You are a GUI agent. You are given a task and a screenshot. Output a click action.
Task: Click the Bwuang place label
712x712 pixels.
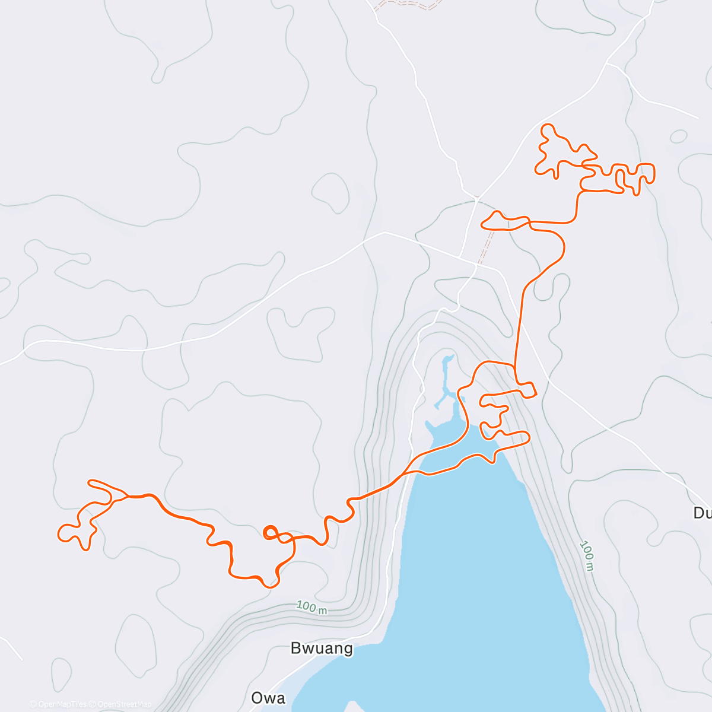point(322,648)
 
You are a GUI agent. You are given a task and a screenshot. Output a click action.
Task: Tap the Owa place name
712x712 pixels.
point(268,698)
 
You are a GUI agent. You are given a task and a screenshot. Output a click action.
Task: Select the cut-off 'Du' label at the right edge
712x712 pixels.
point(702,513)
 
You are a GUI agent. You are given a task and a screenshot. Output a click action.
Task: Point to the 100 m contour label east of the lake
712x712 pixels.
point(587,555)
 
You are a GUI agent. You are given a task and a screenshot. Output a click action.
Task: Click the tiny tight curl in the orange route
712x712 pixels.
point(269,532)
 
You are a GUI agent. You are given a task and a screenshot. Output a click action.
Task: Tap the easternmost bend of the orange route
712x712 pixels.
point(654,173)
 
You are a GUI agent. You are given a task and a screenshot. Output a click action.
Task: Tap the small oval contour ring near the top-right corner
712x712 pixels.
point(678,136)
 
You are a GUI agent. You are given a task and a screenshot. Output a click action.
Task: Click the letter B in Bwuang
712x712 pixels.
point(295,648)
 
